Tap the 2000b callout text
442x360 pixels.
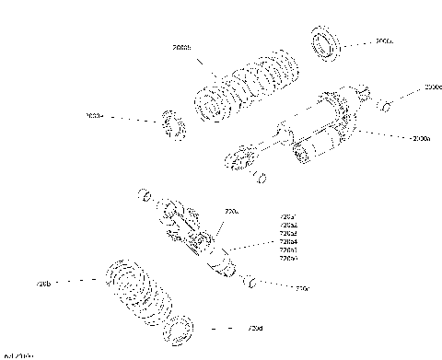tap(181, 47)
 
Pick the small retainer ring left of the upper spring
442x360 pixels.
tap(172, 124)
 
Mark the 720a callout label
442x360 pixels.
tap(231, 211)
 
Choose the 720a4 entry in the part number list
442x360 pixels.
tap(287, 241)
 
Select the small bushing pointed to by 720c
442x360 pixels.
tap(249, 280)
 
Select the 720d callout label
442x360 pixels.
tap(255, 329)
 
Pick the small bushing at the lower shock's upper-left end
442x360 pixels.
tap(145, 196)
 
